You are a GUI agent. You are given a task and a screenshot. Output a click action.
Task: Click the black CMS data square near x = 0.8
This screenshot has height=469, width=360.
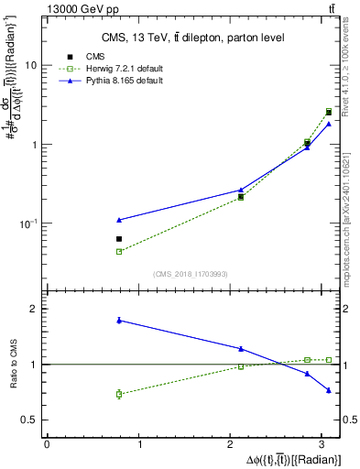[119, 239]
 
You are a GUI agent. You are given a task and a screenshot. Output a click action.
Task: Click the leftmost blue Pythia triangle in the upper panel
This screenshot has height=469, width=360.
[119, 220]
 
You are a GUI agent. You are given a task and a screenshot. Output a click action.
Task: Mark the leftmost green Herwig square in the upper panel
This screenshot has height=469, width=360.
[119, 251]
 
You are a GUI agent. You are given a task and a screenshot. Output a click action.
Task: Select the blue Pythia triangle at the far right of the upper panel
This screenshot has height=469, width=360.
[328, 124]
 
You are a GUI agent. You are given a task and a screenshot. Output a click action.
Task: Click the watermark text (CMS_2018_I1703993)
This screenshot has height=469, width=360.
[190, 273]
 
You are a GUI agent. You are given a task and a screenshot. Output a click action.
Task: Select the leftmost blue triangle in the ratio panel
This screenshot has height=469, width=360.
[119, 320]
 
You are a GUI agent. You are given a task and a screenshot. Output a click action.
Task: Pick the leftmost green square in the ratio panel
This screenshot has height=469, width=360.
[119, 394]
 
